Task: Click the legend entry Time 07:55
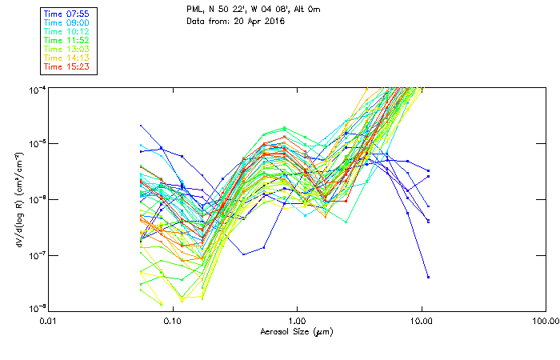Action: (x=67, y=13)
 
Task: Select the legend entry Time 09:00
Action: (x=67, y=22)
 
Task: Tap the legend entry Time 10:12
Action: (x=67, y=30)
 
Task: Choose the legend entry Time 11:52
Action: (x=67, y=39)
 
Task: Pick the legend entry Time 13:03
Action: (x=67, y=49)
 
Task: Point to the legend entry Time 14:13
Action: (x=67, y=58)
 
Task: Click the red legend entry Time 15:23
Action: (x=67, y=66)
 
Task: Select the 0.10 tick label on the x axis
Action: (x=172, y=321)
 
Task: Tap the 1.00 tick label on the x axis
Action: (x=297, y=321)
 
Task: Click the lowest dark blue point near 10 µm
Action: (x=428, y=277)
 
